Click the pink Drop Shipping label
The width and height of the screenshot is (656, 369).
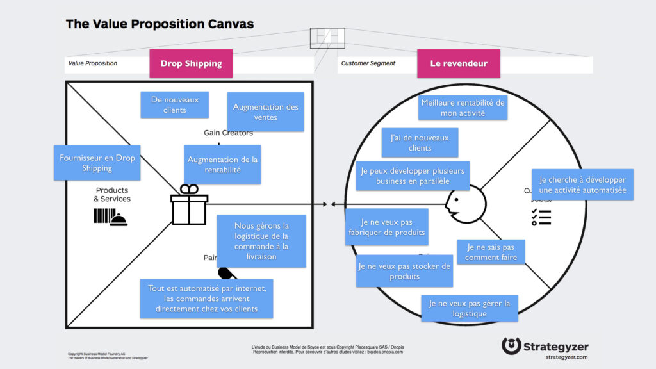pyautogui.click(x=191, y=63)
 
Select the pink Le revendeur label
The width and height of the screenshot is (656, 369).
pyautogui.click(x=458, y=63)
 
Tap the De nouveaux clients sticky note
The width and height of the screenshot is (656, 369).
pyautogui.click(x=174, y=104)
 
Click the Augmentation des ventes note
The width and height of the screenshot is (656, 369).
pyautogui.click(x=265, y=112)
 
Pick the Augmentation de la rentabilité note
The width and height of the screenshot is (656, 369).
pyautogui.click(x=222, y=165)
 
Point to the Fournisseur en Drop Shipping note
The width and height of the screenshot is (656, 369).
pyautogui.click(x=97, y=163)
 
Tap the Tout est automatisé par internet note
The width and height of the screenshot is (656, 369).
pyautogui.click(x=206, y=299)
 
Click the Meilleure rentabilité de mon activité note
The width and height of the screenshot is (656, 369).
pyautogui.click(x=463, y=108)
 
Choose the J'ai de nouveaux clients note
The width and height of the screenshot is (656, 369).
pyautogui.click(x=420, y=142)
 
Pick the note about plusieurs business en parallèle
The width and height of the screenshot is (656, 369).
pyautogui.click(x=413, y=176)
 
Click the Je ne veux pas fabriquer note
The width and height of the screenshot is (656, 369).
pyautogui.click(x=386, y=227)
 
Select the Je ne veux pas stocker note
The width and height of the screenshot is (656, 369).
pyautogui.click(x=404, y=271)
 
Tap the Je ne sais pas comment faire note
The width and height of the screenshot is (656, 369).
pyautogui.click(x=491, y=252)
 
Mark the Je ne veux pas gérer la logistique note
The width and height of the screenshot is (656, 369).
pyautogui.click(x=470, y=308)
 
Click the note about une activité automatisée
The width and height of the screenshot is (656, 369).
pyautogui.click(x=582, y=184)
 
